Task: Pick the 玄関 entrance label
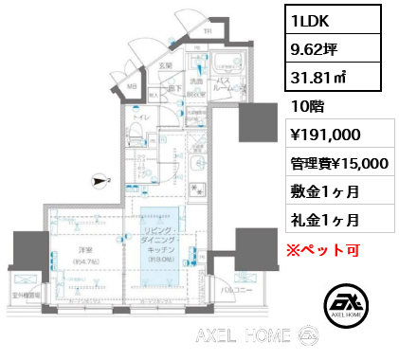pos(164,66)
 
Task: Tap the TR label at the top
pos(209,31)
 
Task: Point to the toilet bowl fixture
pos(135,131)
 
